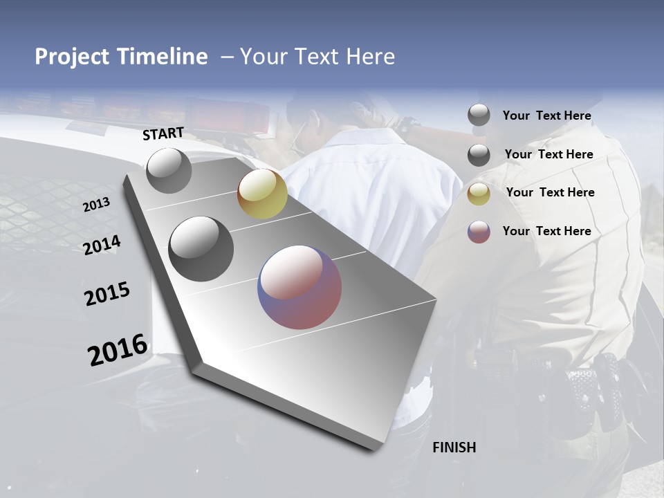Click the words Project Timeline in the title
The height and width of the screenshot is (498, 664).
pos(121,57)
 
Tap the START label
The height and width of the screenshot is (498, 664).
pos(163,133)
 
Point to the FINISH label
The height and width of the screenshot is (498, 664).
pos(454,448)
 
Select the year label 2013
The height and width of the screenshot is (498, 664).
pos(96,205)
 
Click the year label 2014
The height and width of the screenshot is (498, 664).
pos(102,246)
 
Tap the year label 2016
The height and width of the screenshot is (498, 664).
pos(118,350)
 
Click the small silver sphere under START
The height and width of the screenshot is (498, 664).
pos(169,170)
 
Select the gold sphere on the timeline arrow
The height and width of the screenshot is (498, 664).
pos(262,194)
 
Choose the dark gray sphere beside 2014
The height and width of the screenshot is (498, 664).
pos(201,249)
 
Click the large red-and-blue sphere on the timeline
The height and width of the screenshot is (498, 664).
pos(299,287)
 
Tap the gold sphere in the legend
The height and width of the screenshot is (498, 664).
pos(479,193)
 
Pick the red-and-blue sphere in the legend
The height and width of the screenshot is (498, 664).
pos(479,232)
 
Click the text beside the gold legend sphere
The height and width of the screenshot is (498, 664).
pos(550,192)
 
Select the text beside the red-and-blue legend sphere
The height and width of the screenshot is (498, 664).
pos(546,231)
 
